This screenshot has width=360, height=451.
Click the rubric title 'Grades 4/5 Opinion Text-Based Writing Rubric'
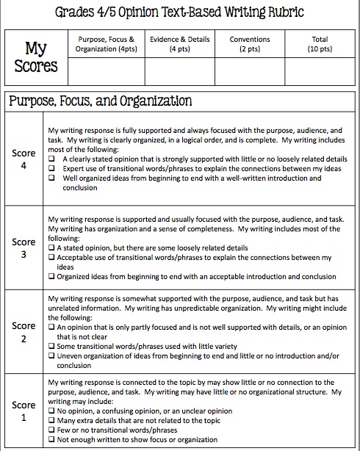point(179,12)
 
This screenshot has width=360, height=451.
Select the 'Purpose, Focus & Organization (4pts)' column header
point(106,44)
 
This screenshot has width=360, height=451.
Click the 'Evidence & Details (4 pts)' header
point(179,44)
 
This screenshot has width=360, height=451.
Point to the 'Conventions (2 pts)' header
point(249,44)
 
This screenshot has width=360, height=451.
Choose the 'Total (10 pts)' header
point(320,44)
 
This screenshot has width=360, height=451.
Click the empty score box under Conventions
point(249,72)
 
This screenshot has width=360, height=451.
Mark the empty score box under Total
point(320,72)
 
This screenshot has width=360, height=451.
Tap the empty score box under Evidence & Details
point(179,72)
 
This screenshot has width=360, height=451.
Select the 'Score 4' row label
point(24,159)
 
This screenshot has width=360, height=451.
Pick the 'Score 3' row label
point(24,248)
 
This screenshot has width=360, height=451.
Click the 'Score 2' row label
point(24,331)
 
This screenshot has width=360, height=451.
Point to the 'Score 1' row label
point(24,411)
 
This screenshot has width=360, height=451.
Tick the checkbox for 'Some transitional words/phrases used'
point(51,346)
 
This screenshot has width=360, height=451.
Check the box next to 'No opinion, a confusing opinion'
point(51,411)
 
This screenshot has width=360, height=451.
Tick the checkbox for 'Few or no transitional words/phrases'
point(51,430)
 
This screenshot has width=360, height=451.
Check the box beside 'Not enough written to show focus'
point(51,439)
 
